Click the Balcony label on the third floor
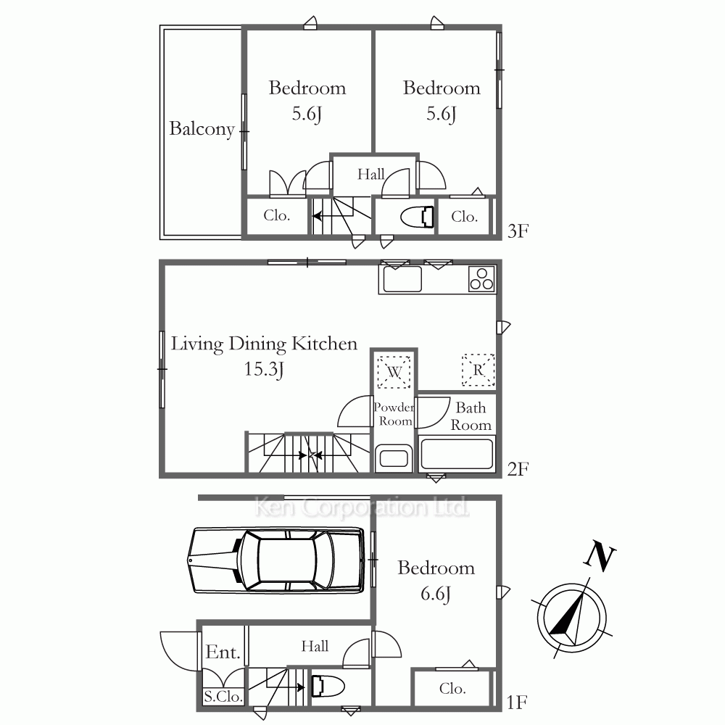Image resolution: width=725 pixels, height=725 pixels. (x=202, y=128)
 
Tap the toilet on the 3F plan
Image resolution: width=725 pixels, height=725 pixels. (x=417, y=217)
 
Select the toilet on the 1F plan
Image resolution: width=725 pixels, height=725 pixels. (x=328, y=686)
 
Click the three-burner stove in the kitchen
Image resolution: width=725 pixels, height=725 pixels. (x=481, y=279)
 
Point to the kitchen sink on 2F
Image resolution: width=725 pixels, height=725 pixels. (x=402, y=279)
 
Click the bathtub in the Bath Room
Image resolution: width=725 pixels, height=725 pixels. (x=457, y=454)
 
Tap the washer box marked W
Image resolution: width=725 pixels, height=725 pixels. (x=394, y=372)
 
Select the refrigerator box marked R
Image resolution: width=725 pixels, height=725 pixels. (x=478, y=370)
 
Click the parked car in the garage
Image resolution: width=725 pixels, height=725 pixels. (x=275, y=560)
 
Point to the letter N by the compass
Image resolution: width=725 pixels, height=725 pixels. (x=600, y=557)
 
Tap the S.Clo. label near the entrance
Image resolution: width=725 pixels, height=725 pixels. (x=224, y=696)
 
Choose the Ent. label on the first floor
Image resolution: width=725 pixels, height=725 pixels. (x=223, y=652)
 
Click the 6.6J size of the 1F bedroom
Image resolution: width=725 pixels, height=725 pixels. (x=436, y=594)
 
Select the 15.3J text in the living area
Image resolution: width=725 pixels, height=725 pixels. (x=264, y=369)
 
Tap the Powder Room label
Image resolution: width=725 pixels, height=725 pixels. (x=394, y=414)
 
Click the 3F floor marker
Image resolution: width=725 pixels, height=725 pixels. (x=518, y=231)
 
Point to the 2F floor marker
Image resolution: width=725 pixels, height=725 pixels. (x=518, y=469)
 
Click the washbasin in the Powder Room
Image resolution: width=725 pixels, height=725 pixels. (x=394, y=458)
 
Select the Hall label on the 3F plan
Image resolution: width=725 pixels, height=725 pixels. (x=370, y=174)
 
